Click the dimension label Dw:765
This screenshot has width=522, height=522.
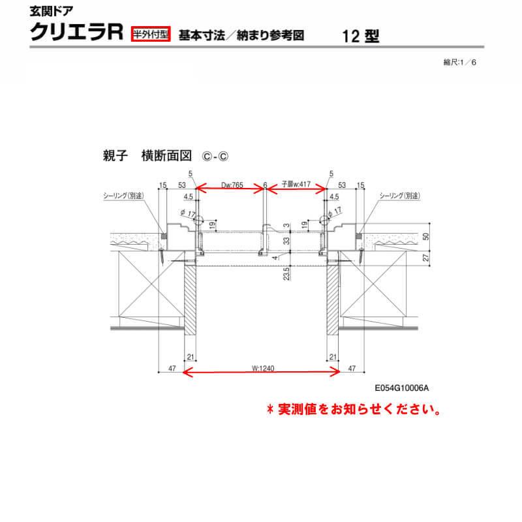[x=232, y=185]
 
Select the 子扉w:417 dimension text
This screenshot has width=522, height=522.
[x=295, y=185]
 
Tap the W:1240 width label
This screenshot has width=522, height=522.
[x=260, y=367]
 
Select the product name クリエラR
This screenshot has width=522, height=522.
[x=77, y=33]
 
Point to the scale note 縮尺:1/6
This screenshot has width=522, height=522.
[x=461, y=62]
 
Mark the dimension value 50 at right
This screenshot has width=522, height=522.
[x=427, y=237]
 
